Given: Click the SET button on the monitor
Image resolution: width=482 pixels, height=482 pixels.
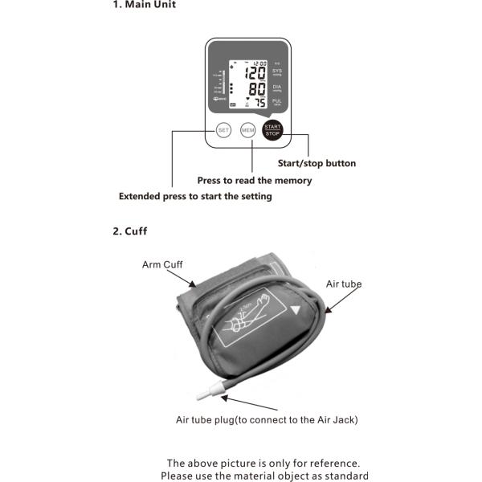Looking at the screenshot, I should pyautogui.click(x=223, y=129).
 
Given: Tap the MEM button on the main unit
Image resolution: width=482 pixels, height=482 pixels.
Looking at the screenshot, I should pyautogui.click(x=247, y=129).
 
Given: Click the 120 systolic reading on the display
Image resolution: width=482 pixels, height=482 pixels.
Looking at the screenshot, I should pyautogui.click(x=256, y=73).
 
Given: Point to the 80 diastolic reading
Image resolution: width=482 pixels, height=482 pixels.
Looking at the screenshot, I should pyautogui.click(x=257, y=88).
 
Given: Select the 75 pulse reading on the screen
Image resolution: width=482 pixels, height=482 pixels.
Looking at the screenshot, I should pyautogui.click(x=259, y=102).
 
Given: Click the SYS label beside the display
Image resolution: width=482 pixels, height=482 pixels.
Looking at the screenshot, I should pyautogui.click(x=277, y=71).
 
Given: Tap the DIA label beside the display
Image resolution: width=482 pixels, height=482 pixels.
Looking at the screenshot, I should pyautogui.click(x=277, y=86).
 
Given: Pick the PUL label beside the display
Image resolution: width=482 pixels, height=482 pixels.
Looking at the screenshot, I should pyautogui.click(x=277, y=100).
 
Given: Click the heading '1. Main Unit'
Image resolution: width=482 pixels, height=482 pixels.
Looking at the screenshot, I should pyautogui.click(x=144, y=6).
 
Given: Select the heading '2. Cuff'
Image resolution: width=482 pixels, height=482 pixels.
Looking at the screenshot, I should pyautogui.click(x=129, y=231).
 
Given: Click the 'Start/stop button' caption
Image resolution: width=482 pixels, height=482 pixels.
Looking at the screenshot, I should pyautogui.click(x=317, y=164).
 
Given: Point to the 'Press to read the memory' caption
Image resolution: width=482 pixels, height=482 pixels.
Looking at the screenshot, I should pyautogui.click(x=255, y=181).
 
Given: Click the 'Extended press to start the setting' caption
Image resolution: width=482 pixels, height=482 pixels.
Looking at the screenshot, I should pyautogui.click(x=195, y=196).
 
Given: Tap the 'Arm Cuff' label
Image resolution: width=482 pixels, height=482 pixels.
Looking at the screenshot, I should pyautogui.click(x=162, y=263).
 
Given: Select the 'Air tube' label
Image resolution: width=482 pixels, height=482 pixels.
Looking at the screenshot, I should pyautogui.click(x=343, y=284).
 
